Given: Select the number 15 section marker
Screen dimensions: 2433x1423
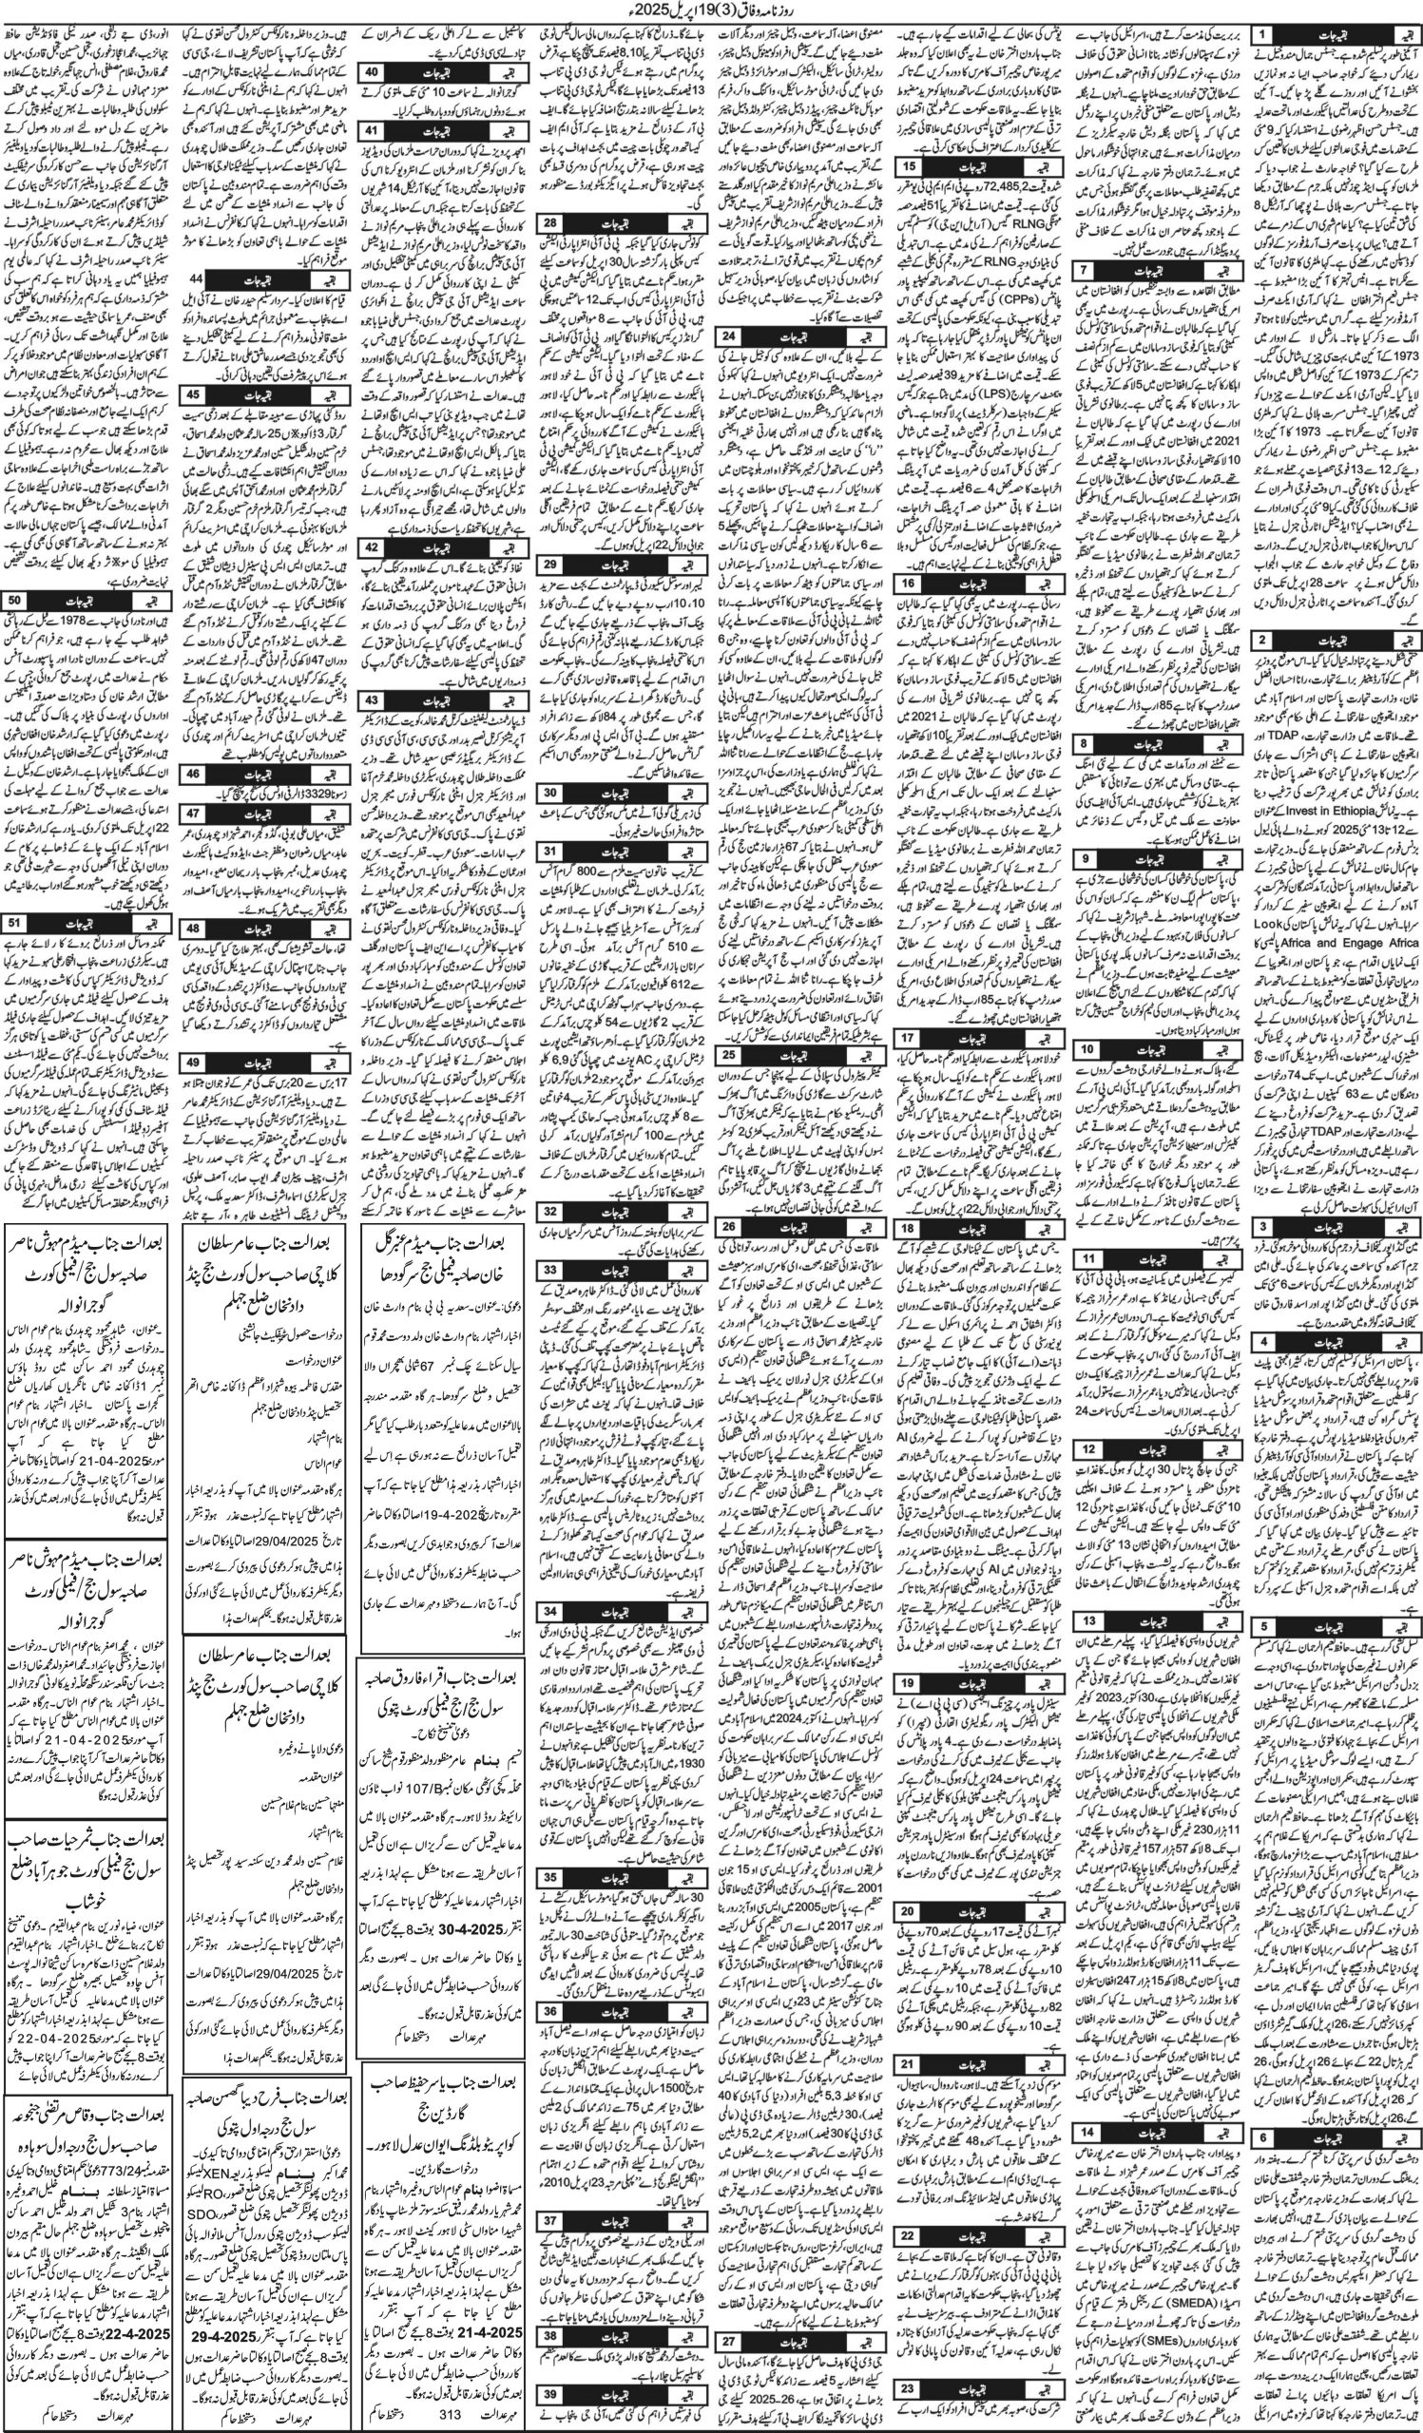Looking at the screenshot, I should coord(908,165).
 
